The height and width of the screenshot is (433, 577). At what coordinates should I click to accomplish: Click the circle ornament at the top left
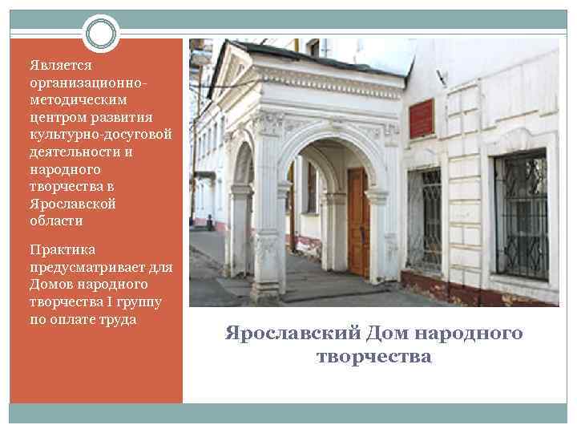(101, 34)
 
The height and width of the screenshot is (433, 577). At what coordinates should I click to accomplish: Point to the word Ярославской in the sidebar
(72, 203)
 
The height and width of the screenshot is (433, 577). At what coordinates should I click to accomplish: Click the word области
(55, 220)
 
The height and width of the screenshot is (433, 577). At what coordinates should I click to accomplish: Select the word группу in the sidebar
(140, 302)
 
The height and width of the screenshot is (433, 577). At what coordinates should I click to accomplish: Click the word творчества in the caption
(373, 356)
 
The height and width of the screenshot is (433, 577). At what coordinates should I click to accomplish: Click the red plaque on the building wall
(421, 118)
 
